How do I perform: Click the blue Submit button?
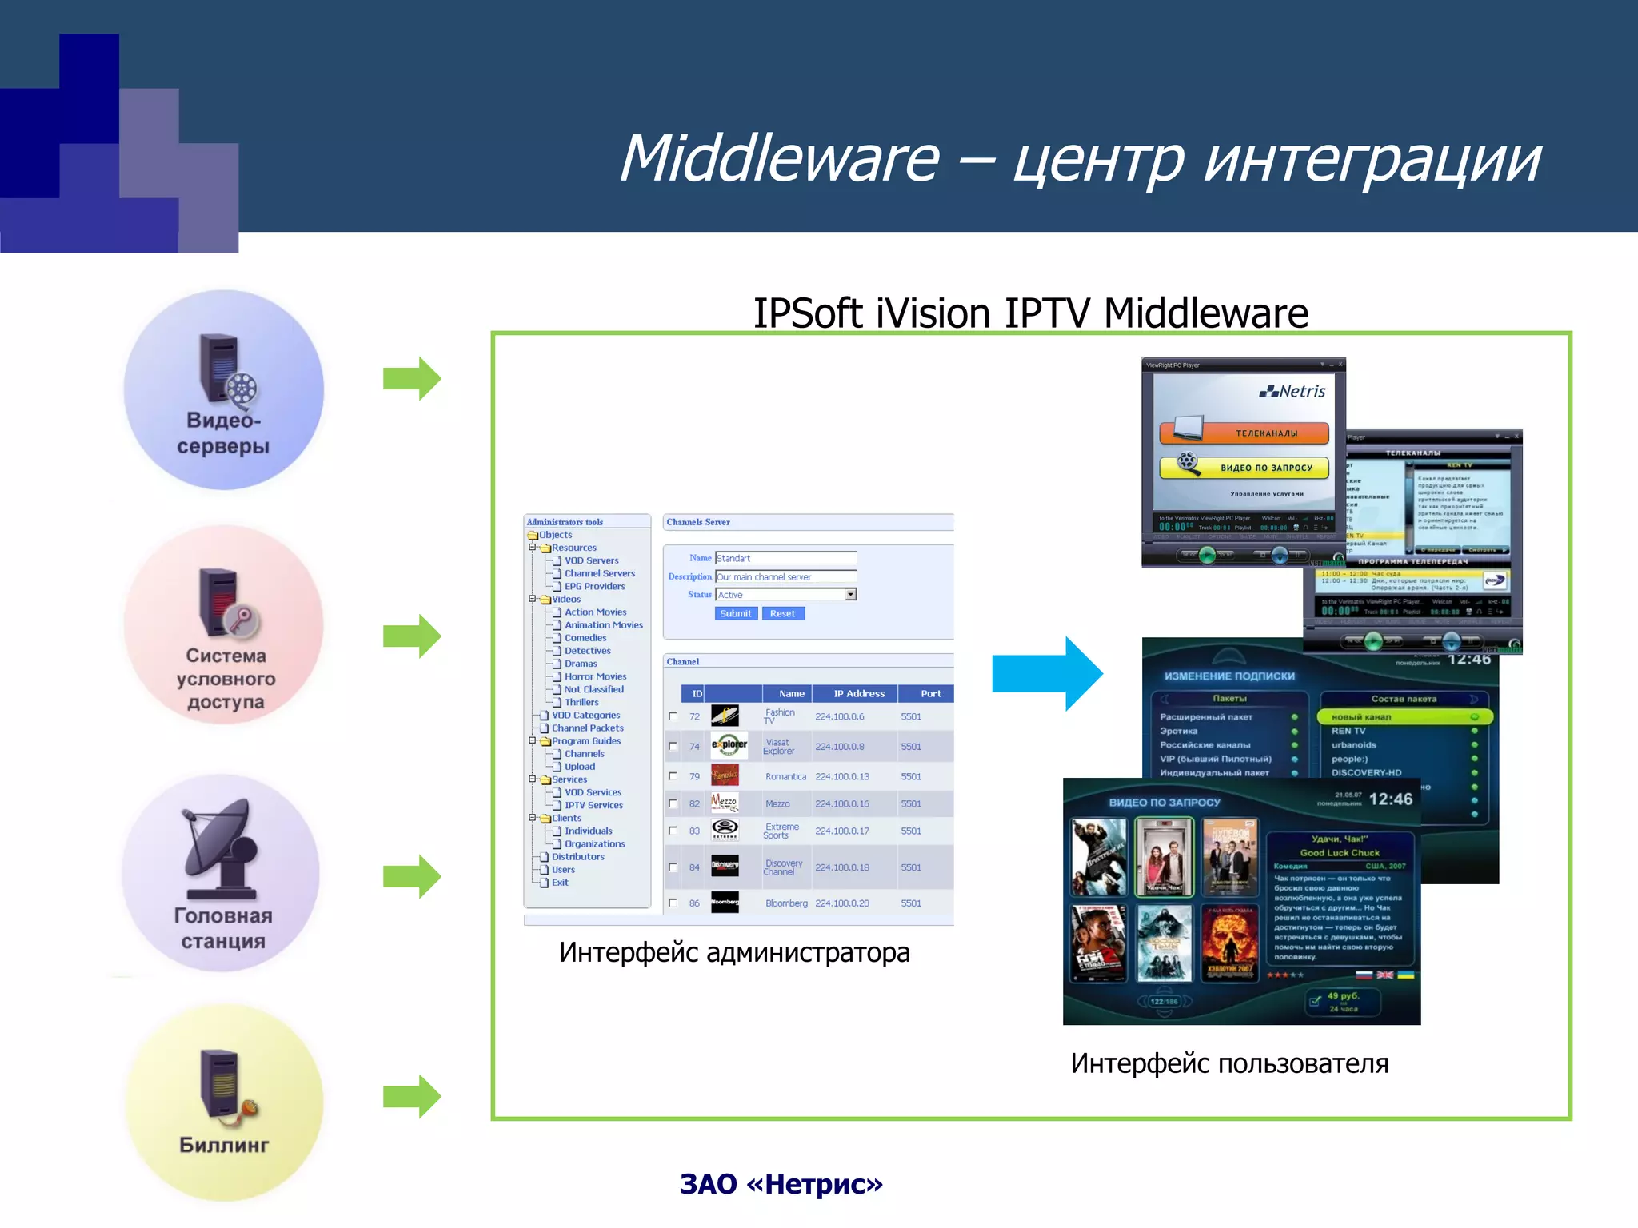(735, 613)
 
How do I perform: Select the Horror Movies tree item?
(595, 676)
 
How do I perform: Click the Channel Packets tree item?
(587, 728)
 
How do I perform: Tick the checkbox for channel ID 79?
(673, 776)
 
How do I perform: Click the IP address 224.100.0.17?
(841, 831)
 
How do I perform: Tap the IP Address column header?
(858, 693)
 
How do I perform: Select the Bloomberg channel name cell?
(785, 903)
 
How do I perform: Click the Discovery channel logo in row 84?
(725, 866)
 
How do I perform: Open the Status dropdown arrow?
(850, 594)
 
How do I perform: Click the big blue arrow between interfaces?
(1047, 673)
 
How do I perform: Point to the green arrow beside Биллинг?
(411, 1096)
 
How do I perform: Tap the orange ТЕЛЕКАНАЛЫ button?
(1244, 433)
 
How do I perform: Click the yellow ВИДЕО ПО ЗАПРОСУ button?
(1244, 467)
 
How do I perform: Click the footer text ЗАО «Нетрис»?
(781, 1184)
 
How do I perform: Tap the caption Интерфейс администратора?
(733, 952)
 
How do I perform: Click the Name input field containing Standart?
(785, 558)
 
